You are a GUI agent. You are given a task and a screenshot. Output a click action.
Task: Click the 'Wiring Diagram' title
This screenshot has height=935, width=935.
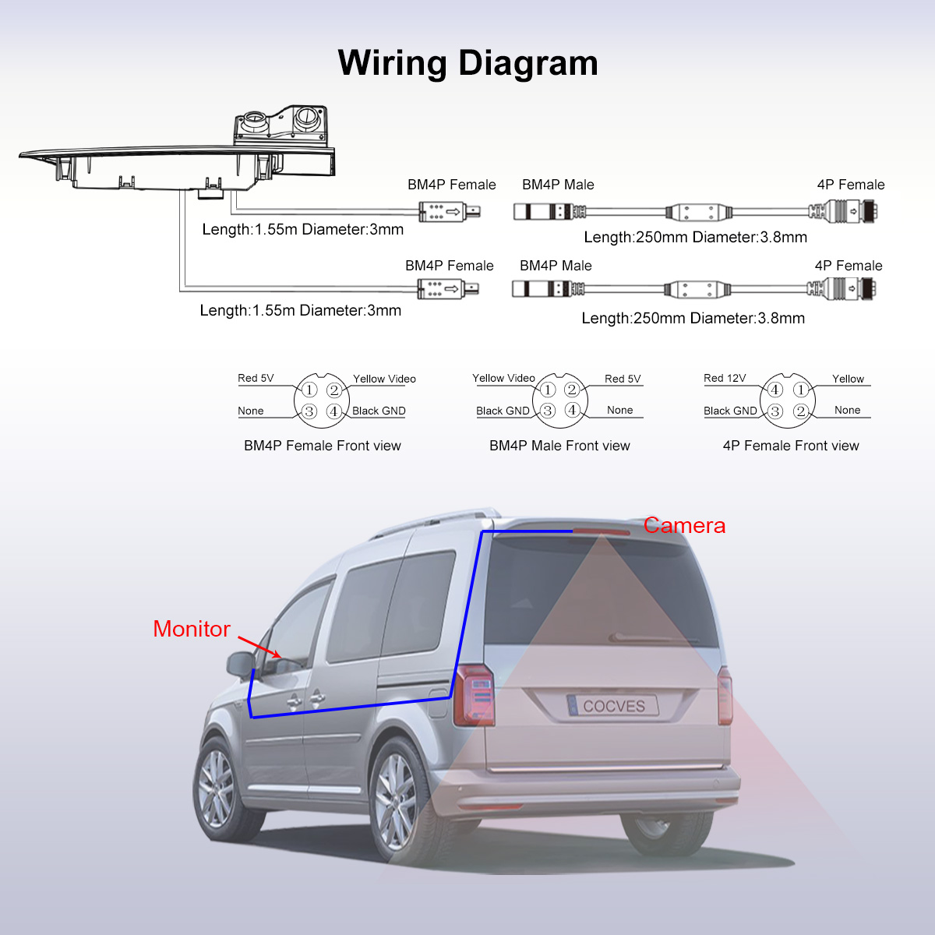(467, 63)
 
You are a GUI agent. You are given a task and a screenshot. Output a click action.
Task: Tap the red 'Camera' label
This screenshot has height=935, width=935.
(684, 526)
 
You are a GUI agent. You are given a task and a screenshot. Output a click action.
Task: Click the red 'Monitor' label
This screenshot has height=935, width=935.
(192, 629)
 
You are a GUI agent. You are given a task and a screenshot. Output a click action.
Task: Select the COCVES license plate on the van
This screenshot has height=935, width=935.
(613, 706)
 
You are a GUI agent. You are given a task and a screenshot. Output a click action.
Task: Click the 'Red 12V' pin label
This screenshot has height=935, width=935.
(725, 378)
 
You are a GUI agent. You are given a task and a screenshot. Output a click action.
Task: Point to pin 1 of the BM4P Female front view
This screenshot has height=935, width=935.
(309, 390)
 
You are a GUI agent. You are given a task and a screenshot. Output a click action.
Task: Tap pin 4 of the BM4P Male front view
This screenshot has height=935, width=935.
(572, 410)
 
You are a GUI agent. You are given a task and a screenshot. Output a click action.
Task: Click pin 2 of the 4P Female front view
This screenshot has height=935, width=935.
(800, 411)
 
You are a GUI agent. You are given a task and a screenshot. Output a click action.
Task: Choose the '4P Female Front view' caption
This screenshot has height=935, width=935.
(790, 446)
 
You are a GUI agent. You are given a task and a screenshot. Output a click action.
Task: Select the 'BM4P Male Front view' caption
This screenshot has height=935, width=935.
(559, 446)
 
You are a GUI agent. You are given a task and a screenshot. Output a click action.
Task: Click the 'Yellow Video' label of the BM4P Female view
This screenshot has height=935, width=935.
(384, 379)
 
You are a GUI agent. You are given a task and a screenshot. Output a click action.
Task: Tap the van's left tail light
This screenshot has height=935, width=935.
(475, 694)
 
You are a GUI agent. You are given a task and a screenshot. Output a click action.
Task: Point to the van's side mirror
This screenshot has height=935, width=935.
(241, 664)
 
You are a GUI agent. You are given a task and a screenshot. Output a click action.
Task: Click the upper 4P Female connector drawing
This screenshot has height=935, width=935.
(845, 210)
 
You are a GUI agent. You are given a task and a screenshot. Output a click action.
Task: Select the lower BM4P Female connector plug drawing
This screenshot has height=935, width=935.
(447, 289)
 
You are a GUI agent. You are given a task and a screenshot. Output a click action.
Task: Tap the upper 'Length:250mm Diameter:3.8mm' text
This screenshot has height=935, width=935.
(695, 238)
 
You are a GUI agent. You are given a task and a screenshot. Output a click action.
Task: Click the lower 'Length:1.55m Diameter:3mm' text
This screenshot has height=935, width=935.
(300, 311)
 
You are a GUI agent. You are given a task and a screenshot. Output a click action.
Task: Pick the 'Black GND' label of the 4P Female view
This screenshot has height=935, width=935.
(730, 411)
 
